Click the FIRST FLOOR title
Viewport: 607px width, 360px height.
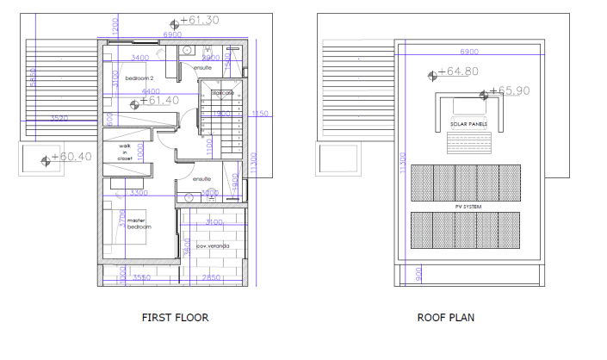[x=175, y=318]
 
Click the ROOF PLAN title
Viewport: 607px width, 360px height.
[x=446, y=318]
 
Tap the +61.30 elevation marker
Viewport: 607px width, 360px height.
[x=197, y=21]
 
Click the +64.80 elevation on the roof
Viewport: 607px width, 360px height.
[x=457, y=72]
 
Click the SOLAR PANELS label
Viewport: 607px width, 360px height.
[x=468, y=124]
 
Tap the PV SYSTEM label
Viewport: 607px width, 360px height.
[x=468, y=207]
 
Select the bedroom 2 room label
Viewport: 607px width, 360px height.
[x=139, y=78]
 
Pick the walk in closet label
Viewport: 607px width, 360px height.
[x=126, y=152]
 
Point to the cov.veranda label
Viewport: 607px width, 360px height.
[x=212, y=246]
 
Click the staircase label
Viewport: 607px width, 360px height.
[x=222, y=92]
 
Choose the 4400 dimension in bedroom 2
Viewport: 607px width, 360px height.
[x=150, y=91]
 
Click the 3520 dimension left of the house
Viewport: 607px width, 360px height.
[x=59, y=118]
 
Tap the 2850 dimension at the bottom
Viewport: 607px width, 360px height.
[x=212, y=278]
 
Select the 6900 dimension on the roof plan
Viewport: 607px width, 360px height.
[x=469, y=51]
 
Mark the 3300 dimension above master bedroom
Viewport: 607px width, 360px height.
[x=139, y=193]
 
